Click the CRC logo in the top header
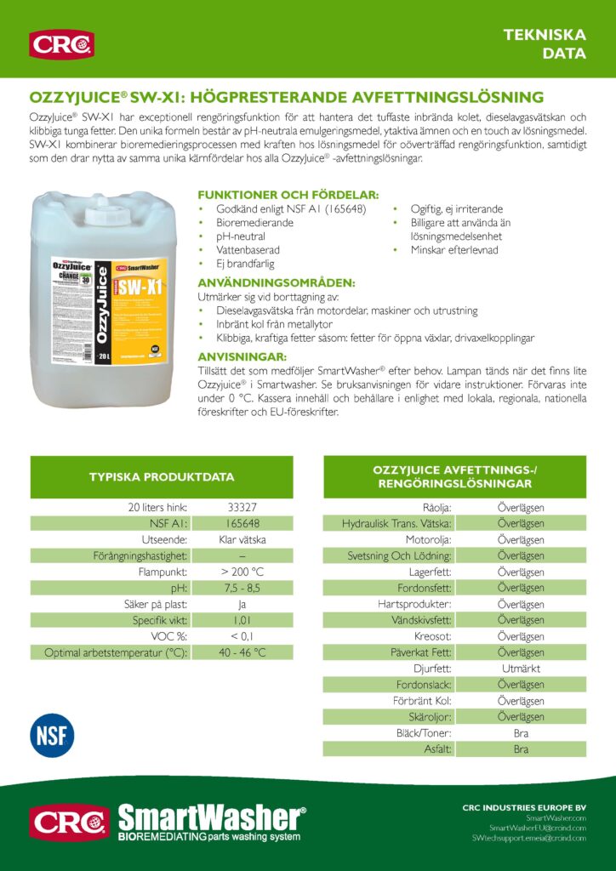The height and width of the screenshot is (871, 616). pos(61,43)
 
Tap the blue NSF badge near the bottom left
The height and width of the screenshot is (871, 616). pos(53,736)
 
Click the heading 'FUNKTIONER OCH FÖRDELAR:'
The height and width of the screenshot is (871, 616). pos(288,195)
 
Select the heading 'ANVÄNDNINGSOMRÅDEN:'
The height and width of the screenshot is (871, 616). pos(277,282)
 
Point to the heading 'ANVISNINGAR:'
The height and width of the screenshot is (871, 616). pos(242,356)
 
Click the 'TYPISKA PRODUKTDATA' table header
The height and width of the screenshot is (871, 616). pos(162,477)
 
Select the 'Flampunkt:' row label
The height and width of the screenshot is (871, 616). pos(163,572)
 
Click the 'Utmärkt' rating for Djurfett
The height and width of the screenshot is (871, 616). pos(521,669)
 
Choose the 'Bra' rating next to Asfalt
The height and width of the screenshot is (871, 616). pos(521,749)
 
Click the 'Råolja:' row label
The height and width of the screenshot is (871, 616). pos(436,508)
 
